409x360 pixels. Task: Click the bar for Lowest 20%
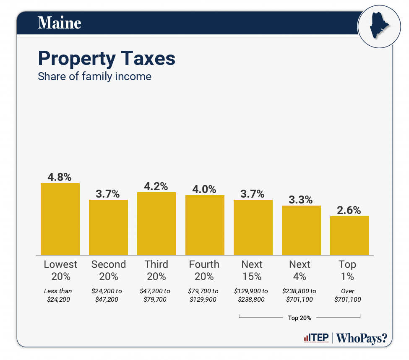tap(60, 219)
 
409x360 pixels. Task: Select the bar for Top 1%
tap(349, 235)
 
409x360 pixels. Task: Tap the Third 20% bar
tap(156, 224)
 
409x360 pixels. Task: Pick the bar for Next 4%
tap(301, 230)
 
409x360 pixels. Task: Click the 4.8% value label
tap(60, 177)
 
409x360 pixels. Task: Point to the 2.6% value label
tap(349, 210)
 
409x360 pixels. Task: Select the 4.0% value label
tap(205, 189)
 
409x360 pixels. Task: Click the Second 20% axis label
tap(108, 270)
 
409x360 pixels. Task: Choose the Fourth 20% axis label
tap(204, 270)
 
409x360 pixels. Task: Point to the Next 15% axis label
tap(252, 270)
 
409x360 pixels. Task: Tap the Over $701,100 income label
tap(348, 295)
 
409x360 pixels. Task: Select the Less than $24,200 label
tap(58, 295)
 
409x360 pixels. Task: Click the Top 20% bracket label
tap(300, 318)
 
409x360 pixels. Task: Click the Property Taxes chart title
tap(107, 59)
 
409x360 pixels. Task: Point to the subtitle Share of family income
tap(94, 77)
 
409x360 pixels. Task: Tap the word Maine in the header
tap(60, 23)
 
